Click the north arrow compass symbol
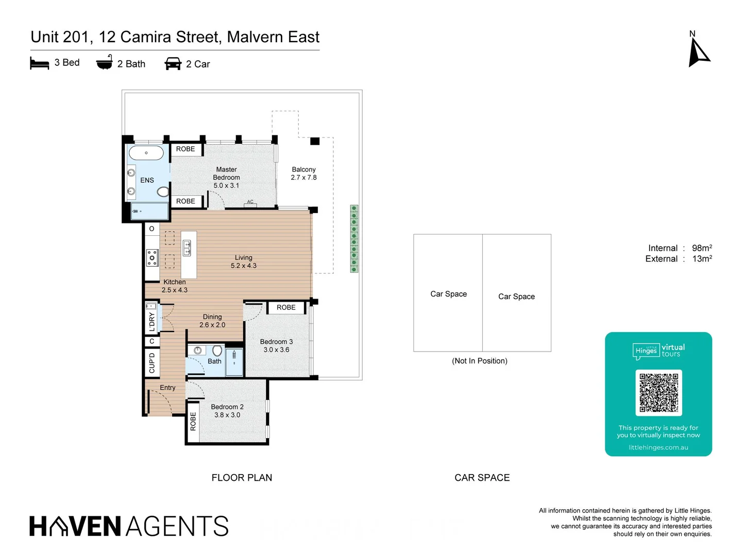698,54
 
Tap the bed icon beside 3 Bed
39,63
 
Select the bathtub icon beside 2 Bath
104,62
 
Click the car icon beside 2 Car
173,64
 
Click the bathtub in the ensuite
146,153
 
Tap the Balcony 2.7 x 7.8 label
303,173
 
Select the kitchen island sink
187,248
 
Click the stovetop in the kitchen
152,257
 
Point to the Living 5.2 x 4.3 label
243,262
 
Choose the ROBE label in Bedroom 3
286,307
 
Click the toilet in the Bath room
217,351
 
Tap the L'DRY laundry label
152,321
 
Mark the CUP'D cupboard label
152,362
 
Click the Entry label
167,388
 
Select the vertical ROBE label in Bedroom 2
193,421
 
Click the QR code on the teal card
659,392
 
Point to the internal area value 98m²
702,248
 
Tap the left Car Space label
448,294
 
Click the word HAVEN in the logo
75,526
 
